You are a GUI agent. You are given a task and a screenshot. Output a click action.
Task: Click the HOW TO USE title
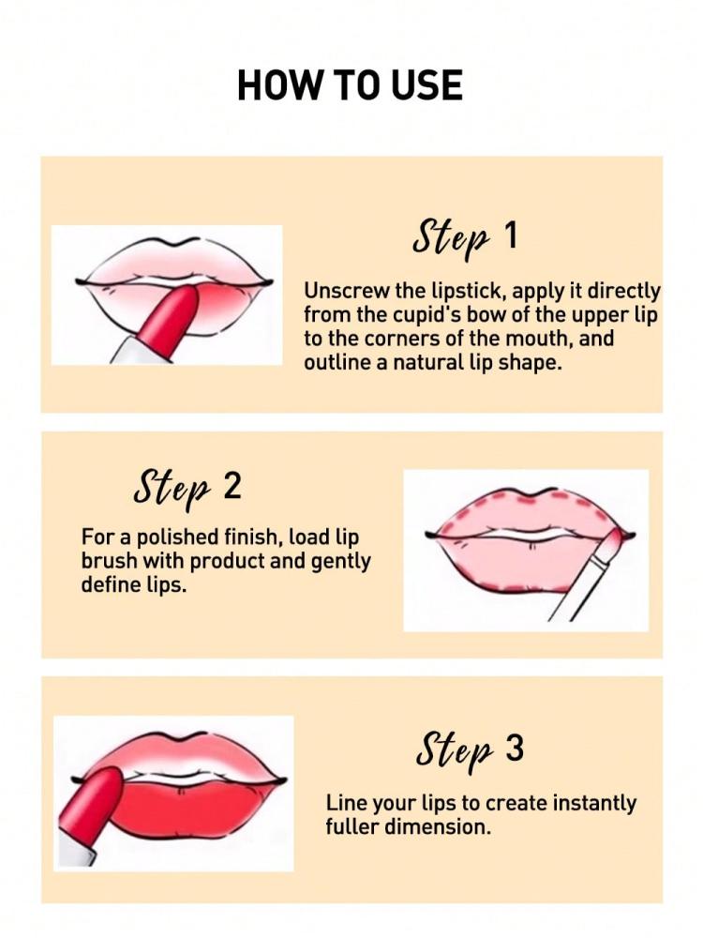[351, 84]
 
